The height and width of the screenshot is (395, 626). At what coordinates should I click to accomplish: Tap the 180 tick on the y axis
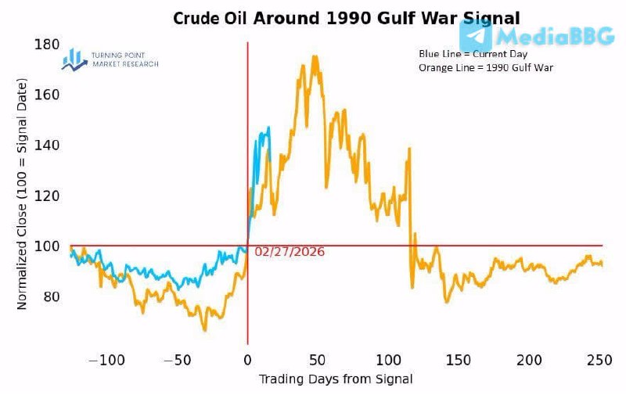tap(48, 45)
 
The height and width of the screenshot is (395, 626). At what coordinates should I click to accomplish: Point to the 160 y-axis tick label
tap(48, 95)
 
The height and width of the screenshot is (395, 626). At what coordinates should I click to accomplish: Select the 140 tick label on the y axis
tap(48, 145)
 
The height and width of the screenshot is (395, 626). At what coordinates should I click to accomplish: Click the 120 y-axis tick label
tap(48, 196)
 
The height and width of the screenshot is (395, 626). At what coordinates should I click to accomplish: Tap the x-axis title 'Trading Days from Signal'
tap(336, 379)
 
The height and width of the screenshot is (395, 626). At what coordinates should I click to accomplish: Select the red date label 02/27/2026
tap(290, 252)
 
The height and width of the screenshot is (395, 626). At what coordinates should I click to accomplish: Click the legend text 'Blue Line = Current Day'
tap(473, 54)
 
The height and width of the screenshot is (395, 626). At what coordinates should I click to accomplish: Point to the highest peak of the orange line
tap(315, 56)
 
